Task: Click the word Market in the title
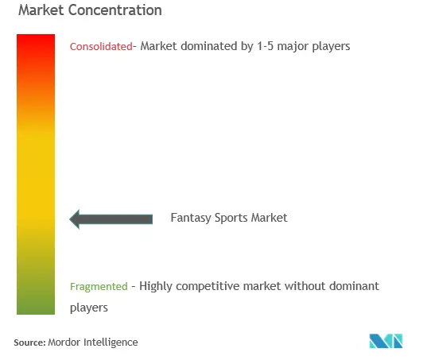(41, 10)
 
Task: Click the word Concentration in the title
(115, 10)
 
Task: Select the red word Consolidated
(101, 46)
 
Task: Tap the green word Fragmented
(99, 286)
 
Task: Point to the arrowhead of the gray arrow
(70, 219)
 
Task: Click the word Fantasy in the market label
(191, 218)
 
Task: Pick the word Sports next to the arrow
(231, 218)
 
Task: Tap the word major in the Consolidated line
(293, 47)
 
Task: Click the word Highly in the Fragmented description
(156, 287)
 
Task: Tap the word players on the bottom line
(89, 308)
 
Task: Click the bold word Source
(30, 343)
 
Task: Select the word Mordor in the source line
(64, 343)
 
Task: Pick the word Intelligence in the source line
(111, 343)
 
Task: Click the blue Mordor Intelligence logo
(386, 341)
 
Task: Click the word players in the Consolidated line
(332, 47)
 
